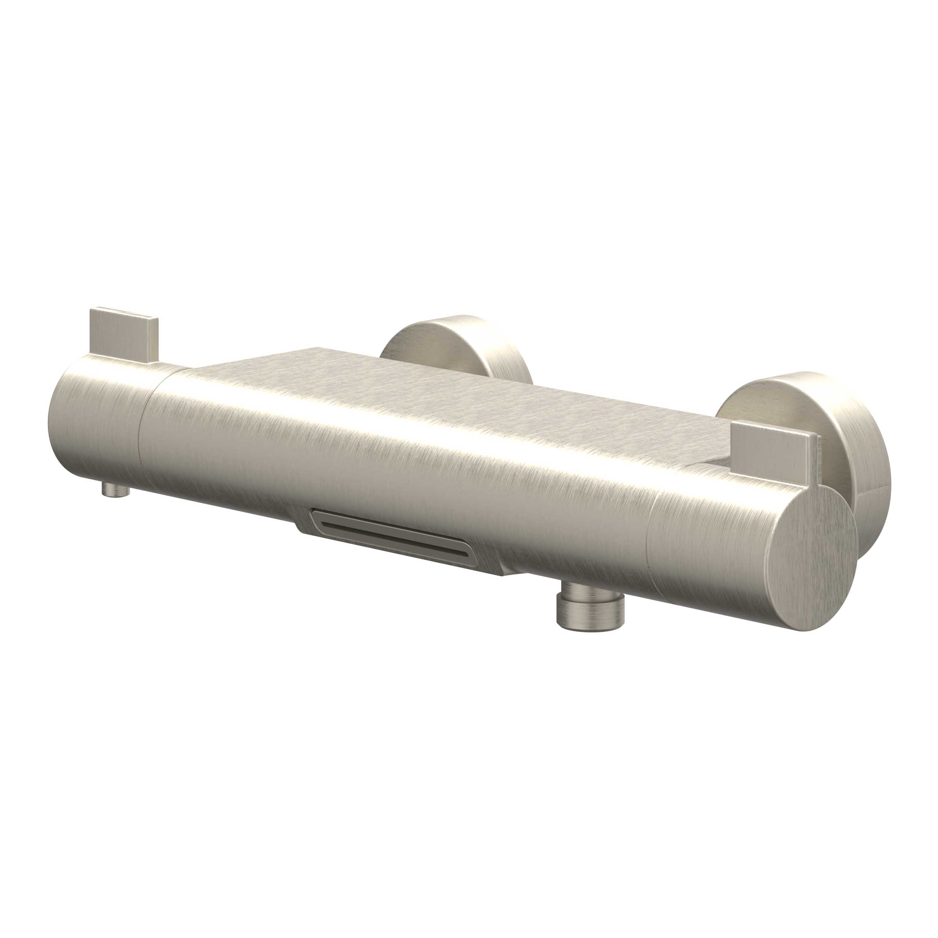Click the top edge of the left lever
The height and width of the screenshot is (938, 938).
124,312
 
